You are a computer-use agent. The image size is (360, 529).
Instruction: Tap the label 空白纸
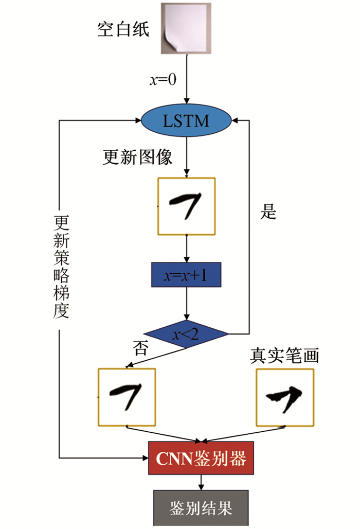pyautogui.click(x=123, y=29)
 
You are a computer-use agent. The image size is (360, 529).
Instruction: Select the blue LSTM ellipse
pyautogui.click(x=186, y=121)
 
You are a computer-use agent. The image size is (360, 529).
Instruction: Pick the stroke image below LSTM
pyautogui.click(x=186, y=206)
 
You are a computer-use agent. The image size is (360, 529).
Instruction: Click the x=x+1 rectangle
pyautogui.click(x=186, y=275)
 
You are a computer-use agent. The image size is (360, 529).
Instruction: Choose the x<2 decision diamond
pyautogui.click(x=186, y=335)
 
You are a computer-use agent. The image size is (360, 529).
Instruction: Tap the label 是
pyautogui.click(x=268, y=211)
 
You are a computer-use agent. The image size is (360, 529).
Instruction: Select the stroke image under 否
pyautogui.click(x=127, y=397)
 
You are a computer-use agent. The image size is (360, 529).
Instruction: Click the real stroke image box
pyautogui.click(x=284, y=397)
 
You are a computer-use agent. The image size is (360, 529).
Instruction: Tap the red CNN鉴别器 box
pyautogui.click(x=201, y=457)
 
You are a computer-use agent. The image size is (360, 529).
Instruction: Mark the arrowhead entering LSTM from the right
pyautogui.click(x=235, y=121)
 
